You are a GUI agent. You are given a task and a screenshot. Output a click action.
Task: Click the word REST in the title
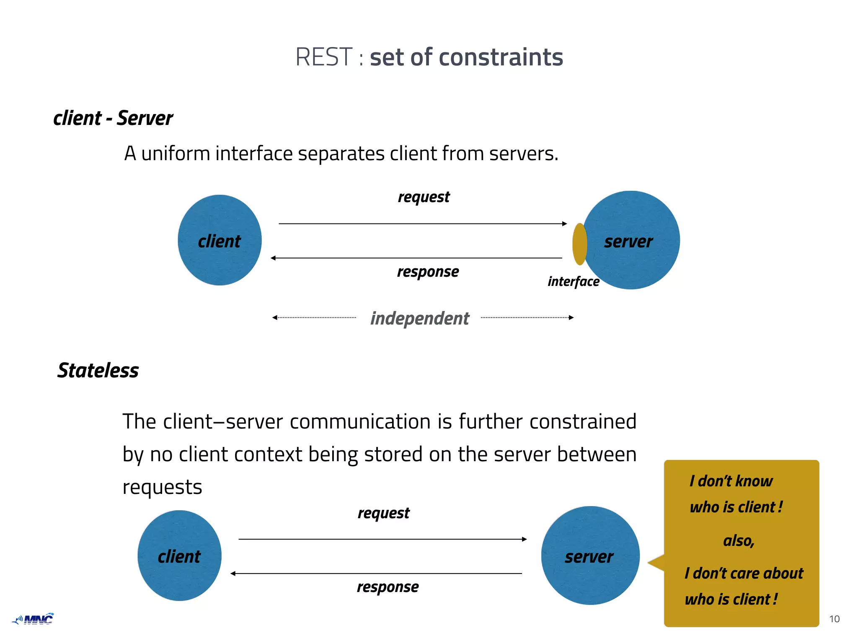pyautogui.click(x=323, y=57)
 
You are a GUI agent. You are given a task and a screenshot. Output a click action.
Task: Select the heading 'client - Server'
pyautogui.click(x=113, y=118)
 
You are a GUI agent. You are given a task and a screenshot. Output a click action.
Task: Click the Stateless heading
pyautogui.click(x=98, y=371)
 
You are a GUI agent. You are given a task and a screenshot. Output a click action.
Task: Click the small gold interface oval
pyautogui.click(x=579, y=244)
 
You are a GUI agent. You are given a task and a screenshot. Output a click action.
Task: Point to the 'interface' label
pyautogui.click(x=573, y=281)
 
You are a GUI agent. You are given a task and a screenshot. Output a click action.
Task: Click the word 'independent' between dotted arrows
pyautogui.click(x=420, y=318)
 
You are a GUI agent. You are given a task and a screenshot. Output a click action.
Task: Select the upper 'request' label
pyautogui.click(x=424, y=197)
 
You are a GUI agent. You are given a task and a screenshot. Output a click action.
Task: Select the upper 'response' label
pyautogui.click(x=428, y=272)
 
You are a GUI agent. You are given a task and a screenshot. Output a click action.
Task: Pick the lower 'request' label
pyautogui.click(x=383, y=513)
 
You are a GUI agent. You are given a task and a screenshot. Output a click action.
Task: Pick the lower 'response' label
pyautogui.click(x=388, y=587)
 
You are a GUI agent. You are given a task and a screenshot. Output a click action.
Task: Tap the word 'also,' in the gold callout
pyautogui.click(x=739, y=541)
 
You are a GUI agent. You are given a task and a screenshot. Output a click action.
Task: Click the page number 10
pyautogui.click(x=834, y=619)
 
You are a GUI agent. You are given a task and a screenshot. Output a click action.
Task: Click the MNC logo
pyautogui.click(x=34, y=619)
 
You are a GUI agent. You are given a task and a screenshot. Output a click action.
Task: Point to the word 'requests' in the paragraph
pyautogui.click(x=162, y=487)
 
